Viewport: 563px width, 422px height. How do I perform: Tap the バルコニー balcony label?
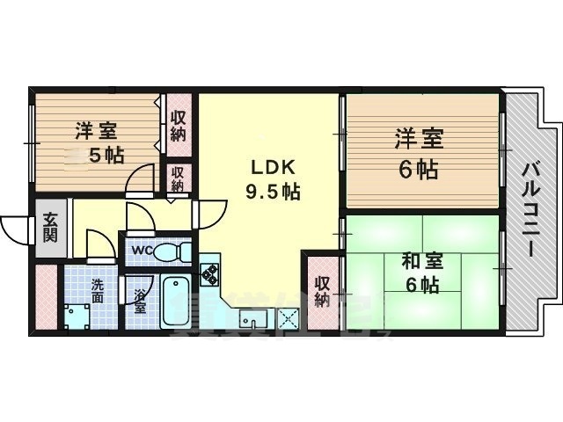pyautogui.click(x=531, y=208)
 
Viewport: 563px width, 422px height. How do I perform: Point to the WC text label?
pyautogui.click(x=141, y=250)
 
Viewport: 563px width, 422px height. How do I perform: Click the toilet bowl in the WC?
pyautogui.click(x=176, y=251)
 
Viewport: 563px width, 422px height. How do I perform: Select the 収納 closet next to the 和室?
pyautogui.click(x=323, y=291)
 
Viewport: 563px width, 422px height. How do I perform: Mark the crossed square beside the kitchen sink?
pyautogui.click(x=289, y=318)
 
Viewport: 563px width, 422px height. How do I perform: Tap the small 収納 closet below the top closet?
pyautogui.click(x=178, y=180)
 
